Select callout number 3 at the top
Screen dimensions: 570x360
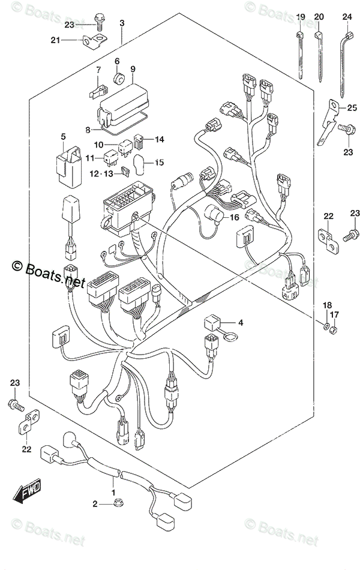pyautogui.click(x=122, y=23)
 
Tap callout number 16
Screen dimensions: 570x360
pyautogui.click(x=234, y=217)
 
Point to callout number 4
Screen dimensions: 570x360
pyautogui.click(x=240, y=323)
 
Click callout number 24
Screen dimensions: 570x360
pyautogui.click(x=346, y=17)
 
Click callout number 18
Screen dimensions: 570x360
pyautogui.click(x=328, y=306)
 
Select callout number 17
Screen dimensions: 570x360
pyautogui.click(x=335, y=315)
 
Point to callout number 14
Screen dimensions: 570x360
pyautogui.click(x=160, y=139)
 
